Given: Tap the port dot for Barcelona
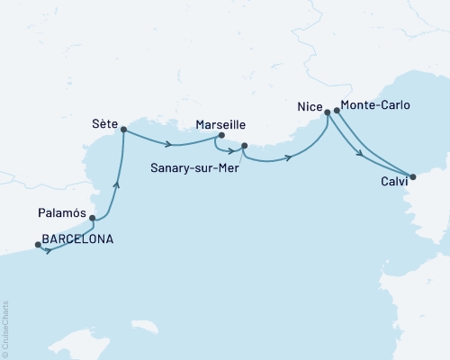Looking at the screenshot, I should click(37, 244).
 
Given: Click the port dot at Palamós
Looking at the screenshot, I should click(92, 218).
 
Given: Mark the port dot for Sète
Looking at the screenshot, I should click(123, 129).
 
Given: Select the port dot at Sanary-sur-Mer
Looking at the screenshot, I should click(244, 145).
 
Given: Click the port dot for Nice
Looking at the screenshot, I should click(328, 114).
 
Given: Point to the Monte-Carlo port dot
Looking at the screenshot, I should click(337, 112).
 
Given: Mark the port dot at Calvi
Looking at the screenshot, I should click(412, 177).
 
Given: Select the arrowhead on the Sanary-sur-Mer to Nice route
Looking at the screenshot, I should click(289, 158).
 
